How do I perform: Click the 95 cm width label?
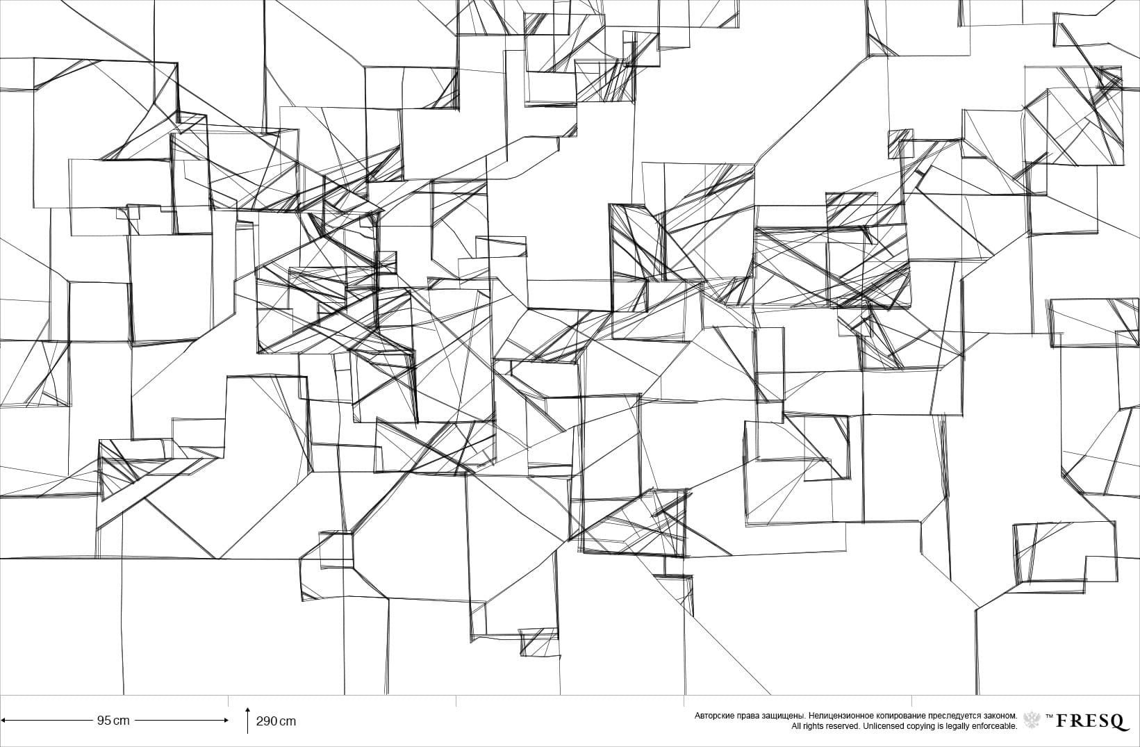[x=113, y=721]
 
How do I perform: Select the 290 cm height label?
[x=276, y=721]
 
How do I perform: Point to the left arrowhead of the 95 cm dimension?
[x=3, y=721]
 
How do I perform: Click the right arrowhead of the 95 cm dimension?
[x=226, y=721]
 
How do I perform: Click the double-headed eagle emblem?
[x=1032, y=720]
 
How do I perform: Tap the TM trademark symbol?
[x=1049, y=715]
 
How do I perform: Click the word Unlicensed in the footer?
[x=884, y=726]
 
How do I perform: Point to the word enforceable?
[x=996, y=726]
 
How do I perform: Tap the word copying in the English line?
[x=920, y=726]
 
